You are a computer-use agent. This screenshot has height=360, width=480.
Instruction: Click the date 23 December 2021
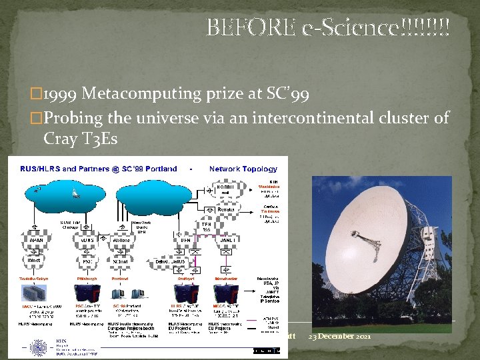pyautogui.click(x=341, y=335)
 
